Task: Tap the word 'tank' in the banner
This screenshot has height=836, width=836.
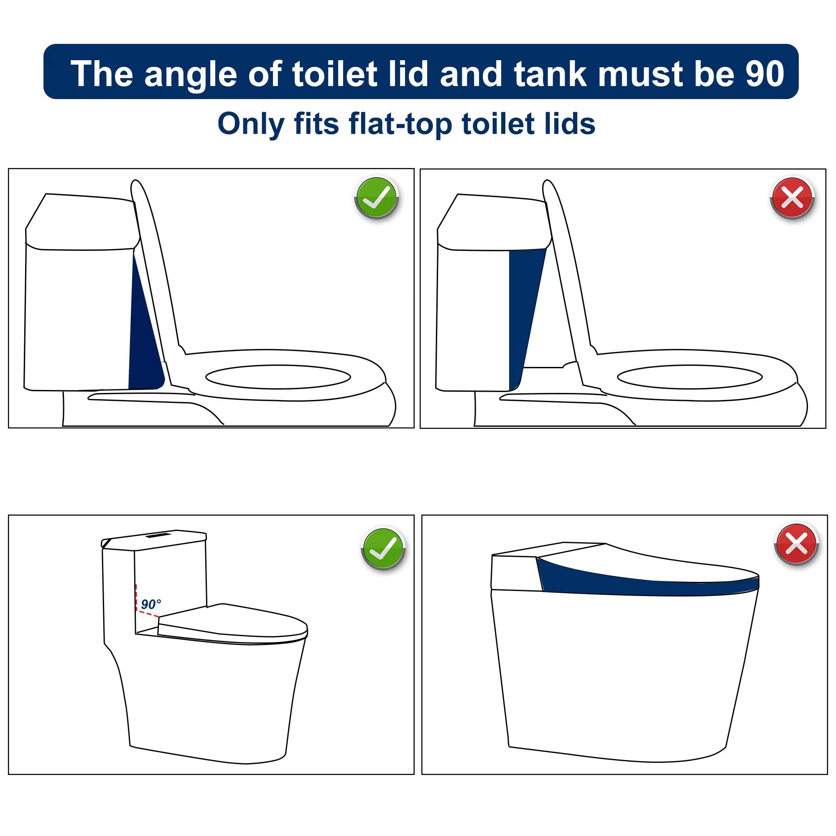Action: tap(551, 73)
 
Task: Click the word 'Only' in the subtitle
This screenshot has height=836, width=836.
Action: tap(250, 124)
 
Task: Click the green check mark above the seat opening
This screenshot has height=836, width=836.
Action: tap(377, 198)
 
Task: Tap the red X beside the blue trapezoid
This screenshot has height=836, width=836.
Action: tap(792, 198)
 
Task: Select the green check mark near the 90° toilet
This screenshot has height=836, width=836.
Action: tap(383, 548)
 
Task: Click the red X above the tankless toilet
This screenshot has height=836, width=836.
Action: tap(797, 543)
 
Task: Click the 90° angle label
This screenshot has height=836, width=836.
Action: tap(151, 604)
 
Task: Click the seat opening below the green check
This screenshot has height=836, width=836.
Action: tap(278, 377)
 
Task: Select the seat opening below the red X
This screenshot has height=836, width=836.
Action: tap(690, 377)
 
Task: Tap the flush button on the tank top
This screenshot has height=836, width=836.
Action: tap(157, 536)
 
